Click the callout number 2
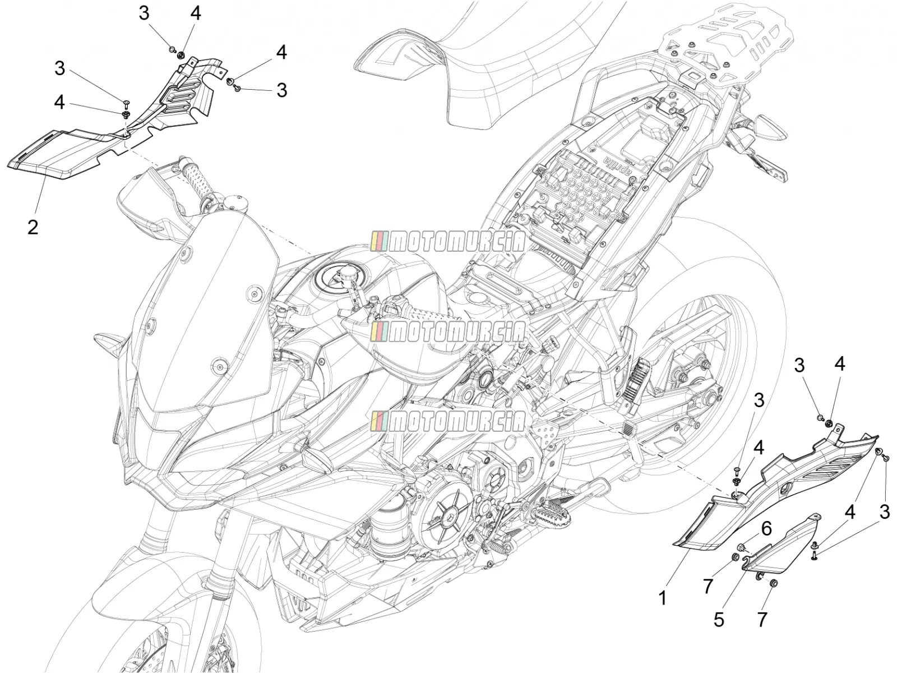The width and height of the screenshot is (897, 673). pyautogui.click(x=33, y=227)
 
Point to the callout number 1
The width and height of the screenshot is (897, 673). pyautogui.click(x=663, y=598)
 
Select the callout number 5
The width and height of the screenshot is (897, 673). pyautogui.click(x=719, y=620)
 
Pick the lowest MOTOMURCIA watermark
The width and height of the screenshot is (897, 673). pyautogui.click(x=448, y=421)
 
